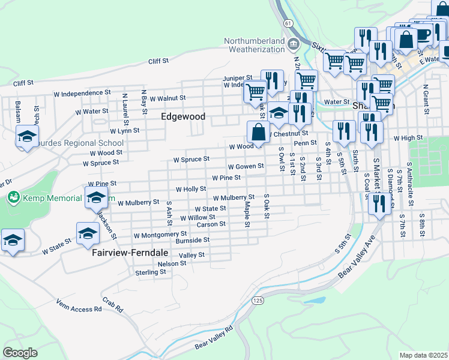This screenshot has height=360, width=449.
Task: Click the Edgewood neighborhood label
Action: tap(183, 117)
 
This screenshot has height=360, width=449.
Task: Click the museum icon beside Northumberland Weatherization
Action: tap(294, 44)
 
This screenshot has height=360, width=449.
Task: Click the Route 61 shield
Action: tap(289, 23)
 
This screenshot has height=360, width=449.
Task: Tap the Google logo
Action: tap(20, 353)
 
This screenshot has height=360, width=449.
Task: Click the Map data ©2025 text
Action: tap(424, 355)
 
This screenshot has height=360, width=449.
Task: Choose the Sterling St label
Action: tap(150, 272)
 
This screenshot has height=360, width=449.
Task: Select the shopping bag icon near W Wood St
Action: tap(258, 132)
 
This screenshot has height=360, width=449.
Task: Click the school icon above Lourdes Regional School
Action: tap(27, 136)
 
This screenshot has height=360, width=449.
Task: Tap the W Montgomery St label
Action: tap(160, 235)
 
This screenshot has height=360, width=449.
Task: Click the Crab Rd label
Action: tap(112, 305)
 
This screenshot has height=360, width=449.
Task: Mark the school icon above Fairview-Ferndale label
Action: tap(88, 233)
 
